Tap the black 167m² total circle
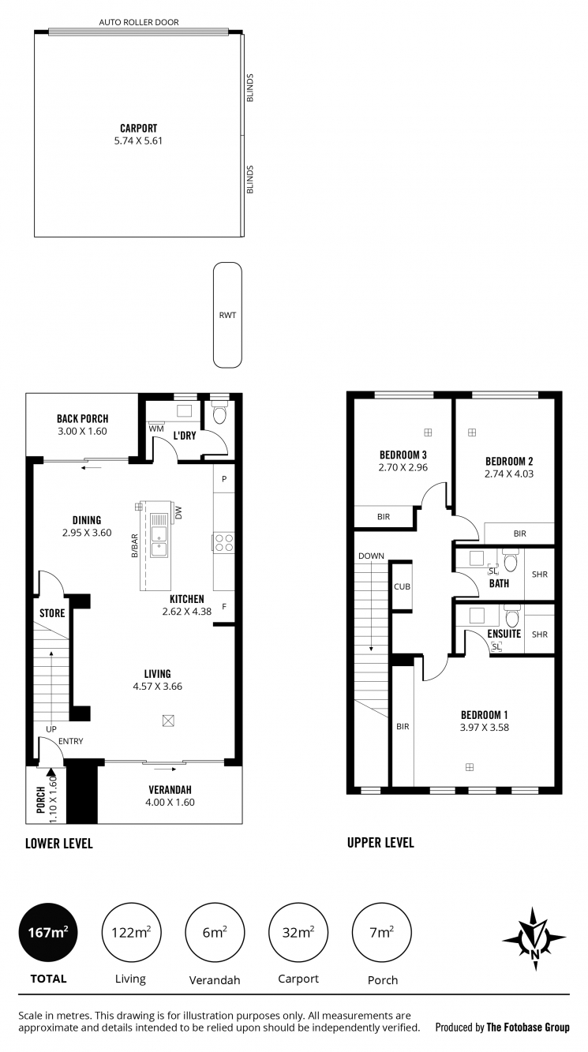click(x=48, y=932)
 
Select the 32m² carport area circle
click(x=299, y=932)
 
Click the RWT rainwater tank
click(x=227, y=315)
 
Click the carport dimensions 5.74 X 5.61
click(x=138, y=141)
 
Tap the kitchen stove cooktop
click(x=223, y=542)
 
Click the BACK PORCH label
click(x=82, y=418)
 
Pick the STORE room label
click(x=52, y=612)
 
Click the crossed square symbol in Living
click(x=168, y=720)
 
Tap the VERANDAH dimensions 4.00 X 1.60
click(x=170, y=802)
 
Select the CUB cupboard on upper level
click(x=402, y=586)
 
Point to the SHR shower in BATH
click(x=540, y=575)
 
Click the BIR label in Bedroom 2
click(x=519, y=534)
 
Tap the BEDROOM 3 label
click(x=403, y=455)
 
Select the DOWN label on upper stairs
click(x=370, y=556)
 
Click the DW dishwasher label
click(x=179, y=512)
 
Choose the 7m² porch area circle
click(x=382, y=932)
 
